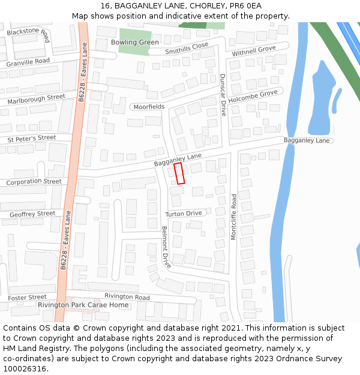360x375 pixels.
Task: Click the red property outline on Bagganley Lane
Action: (x=179, y=173)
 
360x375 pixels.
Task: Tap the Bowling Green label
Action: (x=135, y=43)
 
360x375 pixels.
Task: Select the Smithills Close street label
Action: (x=187, y=49)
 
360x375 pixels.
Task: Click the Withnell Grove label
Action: (x=254, y=50)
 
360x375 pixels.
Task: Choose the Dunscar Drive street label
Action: (x=223, y=95)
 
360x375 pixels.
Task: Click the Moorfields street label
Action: (x=149, y=107)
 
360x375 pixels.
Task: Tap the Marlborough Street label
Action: (x=36, y=99)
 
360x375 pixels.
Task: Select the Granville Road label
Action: (x=28, y=62)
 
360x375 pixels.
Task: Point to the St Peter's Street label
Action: (x=32, y=139)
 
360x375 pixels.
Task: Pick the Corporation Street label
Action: (x=34, y=182)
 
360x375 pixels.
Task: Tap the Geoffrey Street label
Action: (x=32, y=214)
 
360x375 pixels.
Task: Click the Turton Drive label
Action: (x=184, y=214)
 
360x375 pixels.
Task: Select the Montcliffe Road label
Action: (x=234, y=217)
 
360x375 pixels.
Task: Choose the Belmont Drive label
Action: (x=166, y=247)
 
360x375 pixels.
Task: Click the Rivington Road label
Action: (x=127, y=297)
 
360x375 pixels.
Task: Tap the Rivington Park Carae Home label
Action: (x=83, y=305)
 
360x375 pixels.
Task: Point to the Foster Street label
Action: (x=28, y=298)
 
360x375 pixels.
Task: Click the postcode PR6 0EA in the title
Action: (x=245, y=5)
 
